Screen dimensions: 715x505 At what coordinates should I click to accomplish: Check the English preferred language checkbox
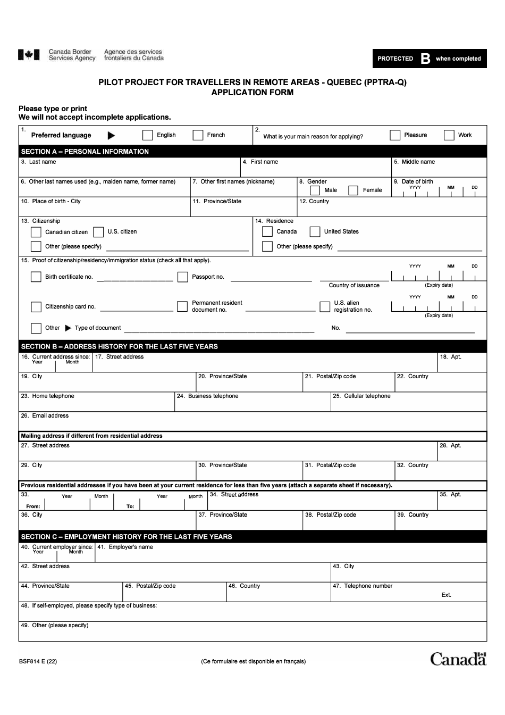coord(148,135)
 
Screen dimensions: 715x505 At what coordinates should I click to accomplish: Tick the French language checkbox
coord(198,135)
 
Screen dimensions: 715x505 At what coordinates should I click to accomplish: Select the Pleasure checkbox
coord(395,135)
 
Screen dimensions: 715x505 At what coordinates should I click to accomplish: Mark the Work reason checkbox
coord(449,135)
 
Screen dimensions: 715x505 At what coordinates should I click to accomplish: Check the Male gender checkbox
coord(315,190)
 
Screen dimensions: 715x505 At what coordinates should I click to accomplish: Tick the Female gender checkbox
coord(353,190)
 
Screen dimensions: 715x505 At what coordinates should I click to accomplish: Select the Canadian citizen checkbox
coord(36,232)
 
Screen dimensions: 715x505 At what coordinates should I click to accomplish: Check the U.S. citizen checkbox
coord(98,232)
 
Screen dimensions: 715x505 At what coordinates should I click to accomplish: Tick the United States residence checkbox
coord(315,231)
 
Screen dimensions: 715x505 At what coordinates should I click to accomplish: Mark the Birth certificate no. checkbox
coord(36,277)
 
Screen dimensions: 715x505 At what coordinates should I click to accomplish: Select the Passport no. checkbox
coord(183,277)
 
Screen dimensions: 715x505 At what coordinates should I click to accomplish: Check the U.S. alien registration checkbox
coord(325,306)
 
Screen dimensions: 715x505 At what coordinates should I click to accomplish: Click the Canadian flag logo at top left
coord(29,55)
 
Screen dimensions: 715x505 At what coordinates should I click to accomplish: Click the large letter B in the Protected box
coord(425,59)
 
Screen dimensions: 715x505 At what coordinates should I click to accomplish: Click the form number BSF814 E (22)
coord(38,662)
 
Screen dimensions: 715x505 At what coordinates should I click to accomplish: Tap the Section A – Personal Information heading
coord(85,152)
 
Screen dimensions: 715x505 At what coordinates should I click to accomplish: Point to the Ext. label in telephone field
coord(446,595)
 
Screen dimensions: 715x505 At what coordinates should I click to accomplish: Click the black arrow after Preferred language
coord(112,136)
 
